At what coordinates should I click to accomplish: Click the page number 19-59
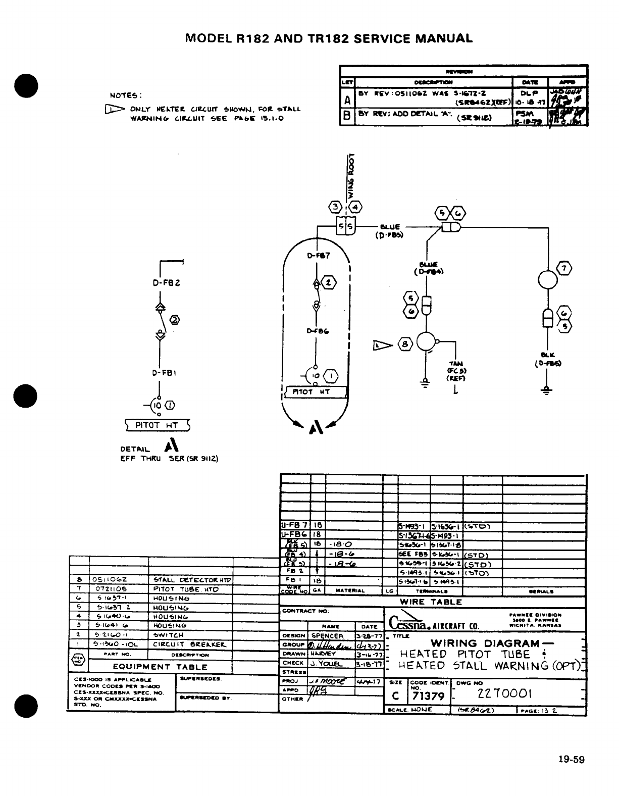571,759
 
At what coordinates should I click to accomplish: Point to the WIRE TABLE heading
431,602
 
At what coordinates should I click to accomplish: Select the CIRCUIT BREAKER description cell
189,644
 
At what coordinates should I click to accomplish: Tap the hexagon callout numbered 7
563,268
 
